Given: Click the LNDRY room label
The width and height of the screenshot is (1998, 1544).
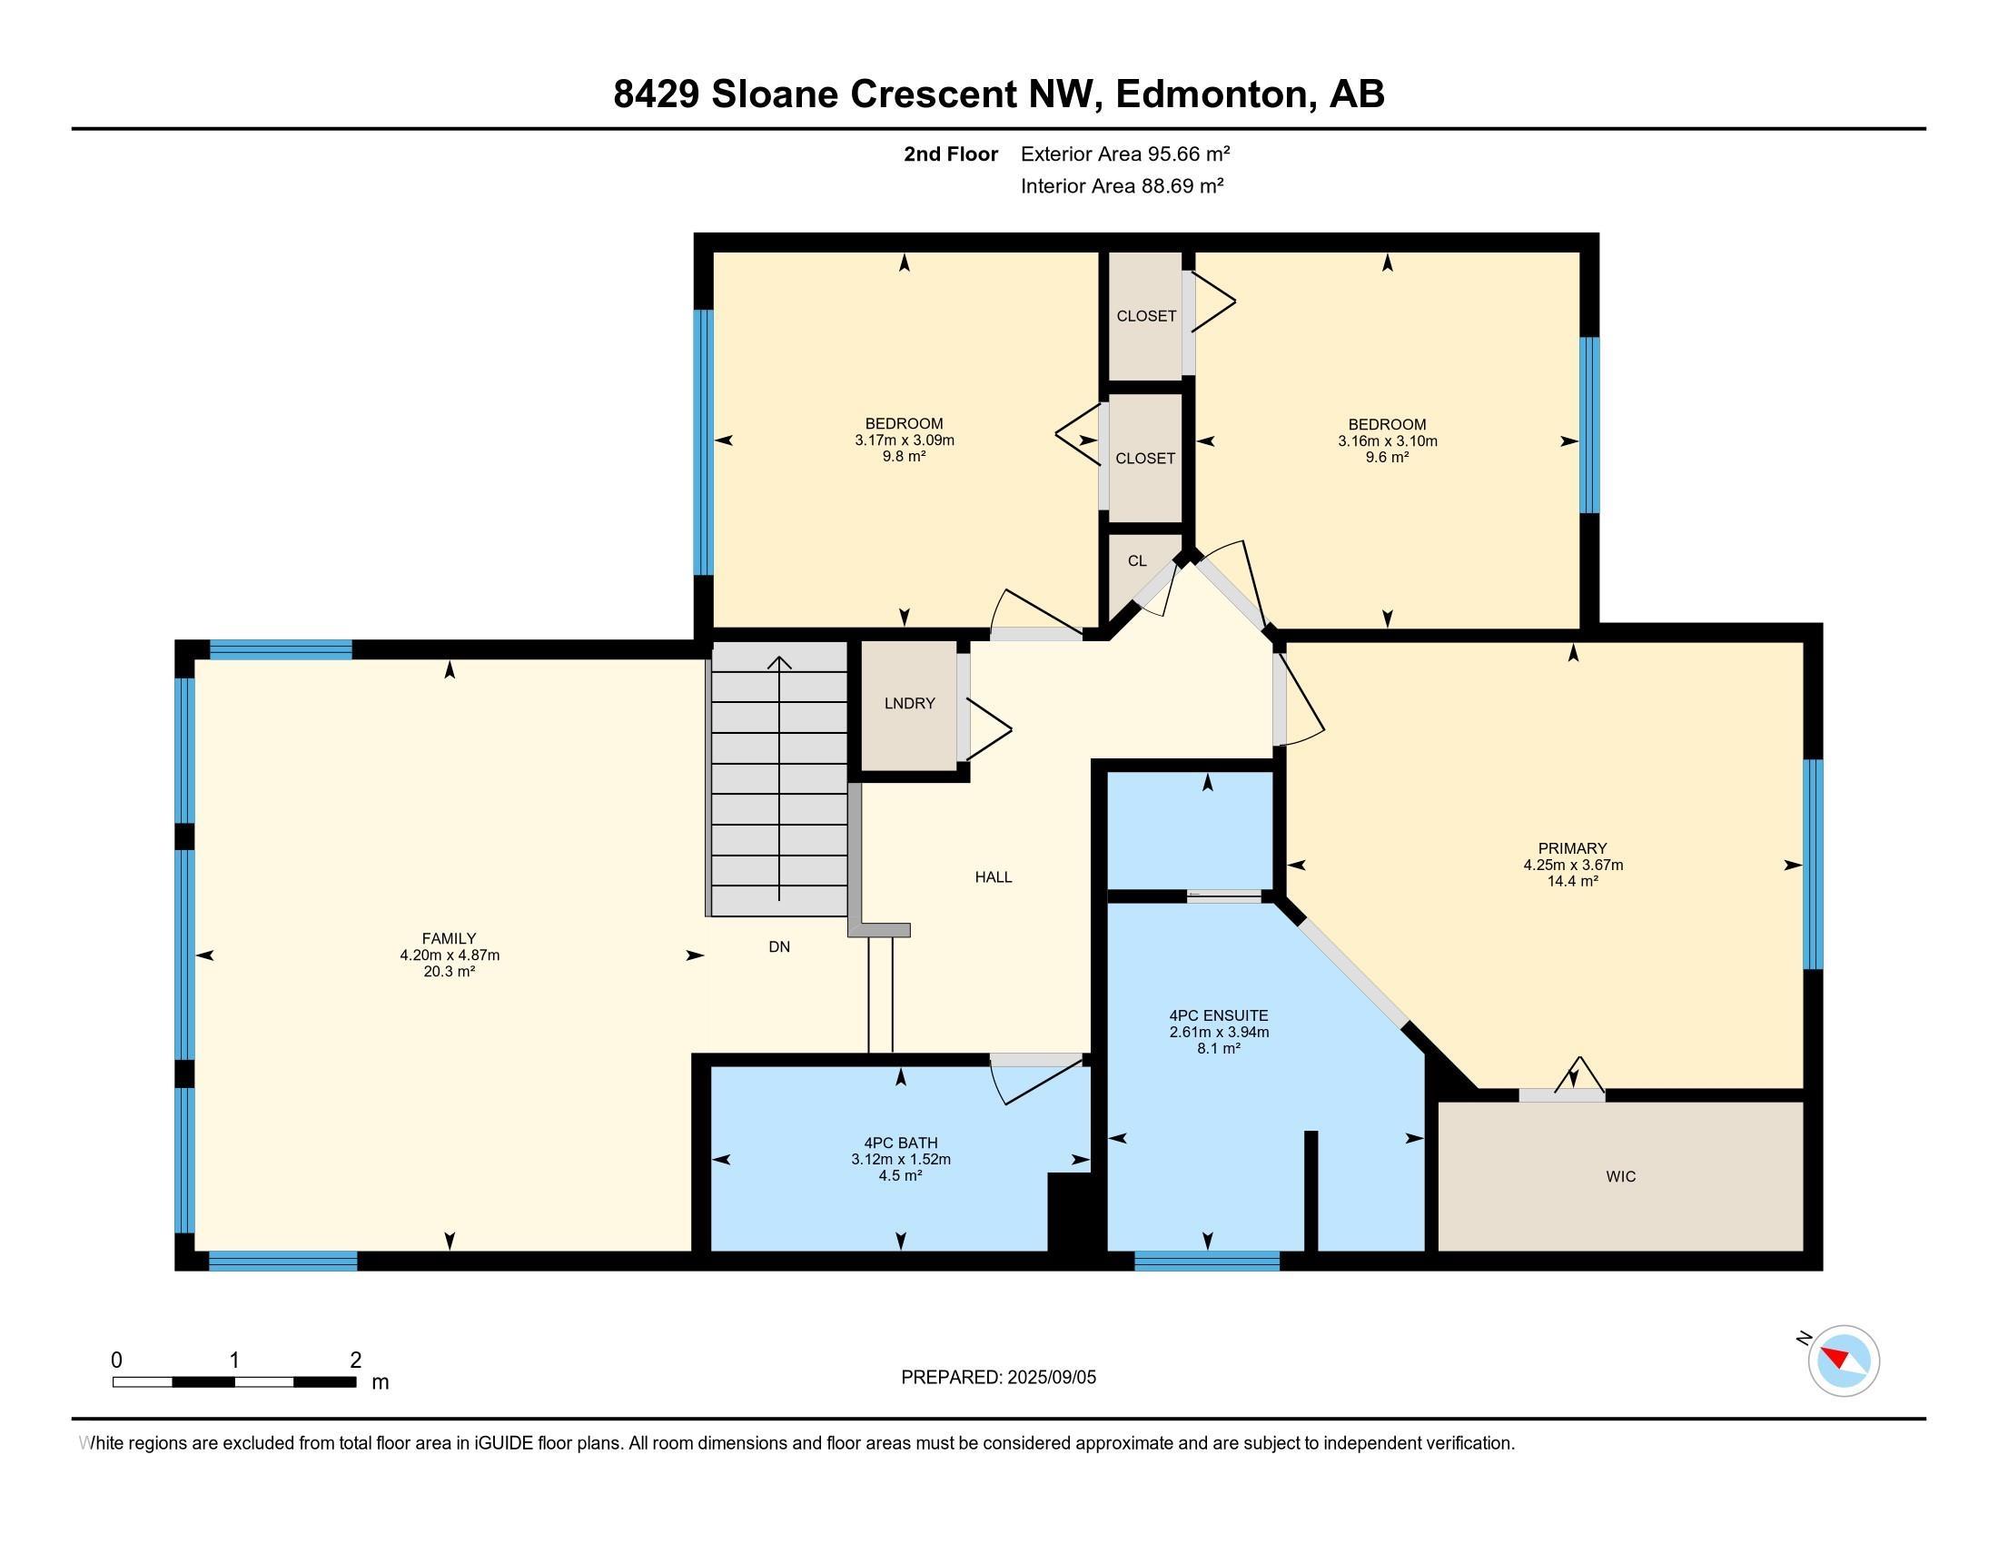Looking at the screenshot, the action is point(909,703).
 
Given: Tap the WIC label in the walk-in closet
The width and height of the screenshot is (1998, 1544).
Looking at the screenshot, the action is point(1620,1176).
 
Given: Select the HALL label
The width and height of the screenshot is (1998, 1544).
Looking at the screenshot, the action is point(994,877).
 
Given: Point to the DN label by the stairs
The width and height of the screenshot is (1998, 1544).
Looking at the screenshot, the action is point(779,946).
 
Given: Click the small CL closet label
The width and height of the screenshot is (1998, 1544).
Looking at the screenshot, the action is point(1137,560).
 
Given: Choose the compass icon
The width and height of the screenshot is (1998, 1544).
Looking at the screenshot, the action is point(1843,1361).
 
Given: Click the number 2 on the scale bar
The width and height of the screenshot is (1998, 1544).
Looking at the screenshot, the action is point(356,1361).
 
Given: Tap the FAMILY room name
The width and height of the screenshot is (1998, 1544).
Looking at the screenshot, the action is point(450,938).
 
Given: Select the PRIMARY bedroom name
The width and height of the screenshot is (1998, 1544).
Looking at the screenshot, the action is point(1573,848).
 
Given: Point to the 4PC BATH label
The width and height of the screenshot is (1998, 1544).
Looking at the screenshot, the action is point(901,1143).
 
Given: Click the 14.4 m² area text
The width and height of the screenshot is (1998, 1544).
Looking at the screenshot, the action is point(1573,881).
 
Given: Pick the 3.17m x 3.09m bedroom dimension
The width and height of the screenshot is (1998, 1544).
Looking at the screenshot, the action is point(905,440).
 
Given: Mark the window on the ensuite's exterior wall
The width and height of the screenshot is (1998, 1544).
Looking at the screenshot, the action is point(1207,1261).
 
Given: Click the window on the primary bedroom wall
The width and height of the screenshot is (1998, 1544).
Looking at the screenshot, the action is point(1814,865).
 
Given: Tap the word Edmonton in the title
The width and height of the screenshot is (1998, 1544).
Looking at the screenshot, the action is point(1211,94).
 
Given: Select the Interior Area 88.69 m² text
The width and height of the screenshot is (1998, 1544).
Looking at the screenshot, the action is point(1123,185).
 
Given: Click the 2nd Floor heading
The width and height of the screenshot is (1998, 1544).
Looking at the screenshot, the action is point(951,153).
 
